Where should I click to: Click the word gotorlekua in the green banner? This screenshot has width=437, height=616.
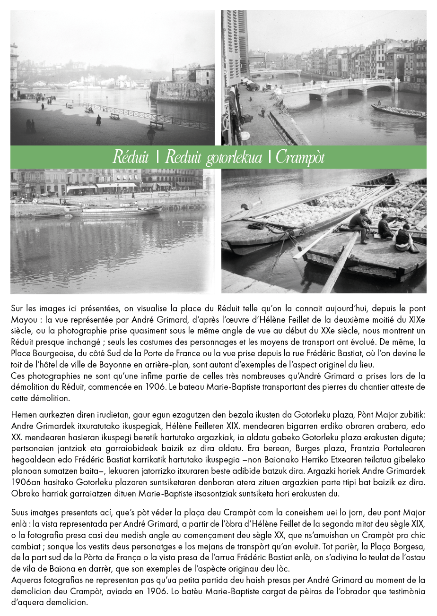click(x=234, y=158)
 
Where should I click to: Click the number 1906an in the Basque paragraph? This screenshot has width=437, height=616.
click(x=26, y=483)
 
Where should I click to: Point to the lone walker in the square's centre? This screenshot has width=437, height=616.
click(x=98, y=120)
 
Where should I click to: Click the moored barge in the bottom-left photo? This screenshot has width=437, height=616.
click(x=118, y=210)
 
